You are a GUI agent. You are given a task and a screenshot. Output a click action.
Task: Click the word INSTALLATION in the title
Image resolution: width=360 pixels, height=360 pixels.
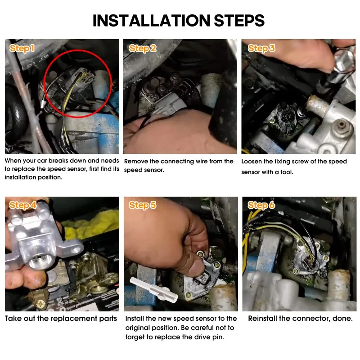pyautogui.click(x=151, y=20)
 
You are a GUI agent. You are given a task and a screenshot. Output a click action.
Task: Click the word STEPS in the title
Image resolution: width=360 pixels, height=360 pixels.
pyautogui.click(x=239, y=20)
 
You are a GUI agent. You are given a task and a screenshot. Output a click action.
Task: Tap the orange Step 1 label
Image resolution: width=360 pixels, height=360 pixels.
pyautogui.click(x=22, y=48)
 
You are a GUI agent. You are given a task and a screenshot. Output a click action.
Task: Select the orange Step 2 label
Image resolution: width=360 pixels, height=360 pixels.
pyautogui.click(x=143, y=49)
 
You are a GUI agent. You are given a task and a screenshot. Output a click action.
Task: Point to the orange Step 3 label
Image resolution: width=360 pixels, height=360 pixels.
pyautogui.click(x=261, y=48)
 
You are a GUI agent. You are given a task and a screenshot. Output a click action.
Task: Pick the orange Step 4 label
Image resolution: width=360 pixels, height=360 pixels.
pyautogui.click(x=23, y=205)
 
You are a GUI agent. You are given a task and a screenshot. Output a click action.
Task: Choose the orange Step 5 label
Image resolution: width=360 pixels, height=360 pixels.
pyautogui.click(x=142, y=205)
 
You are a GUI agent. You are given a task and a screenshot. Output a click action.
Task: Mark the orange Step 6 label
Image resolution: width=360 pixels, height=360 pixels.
pyautogui.click(x=261, y=205)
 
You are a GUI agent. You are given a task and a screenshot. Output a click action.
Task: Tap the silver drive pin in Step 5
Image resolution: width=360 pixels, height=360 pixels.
pyautogui.click(x=153, y=289)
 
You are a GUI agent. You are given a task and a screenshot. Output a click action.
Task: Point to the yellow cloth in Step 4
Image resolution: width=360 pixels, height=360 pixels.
pyautogui.click(x=92, y=224)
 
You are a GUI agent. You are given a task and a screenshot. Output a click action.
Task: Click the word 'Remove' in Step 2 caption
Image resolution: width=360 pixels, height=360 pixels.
pyautogui.click(x=136, y=162)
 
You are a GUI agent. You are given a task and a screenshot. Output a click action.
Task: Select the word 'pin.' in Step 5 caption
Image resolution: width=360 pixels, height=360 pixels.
pyautogui.click(x=218, y=337)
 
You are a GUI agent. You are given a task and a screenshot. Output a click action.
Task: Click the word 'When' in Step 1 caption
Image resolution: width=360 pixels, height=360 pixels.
pyautogui.click(x=13, y=161)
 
